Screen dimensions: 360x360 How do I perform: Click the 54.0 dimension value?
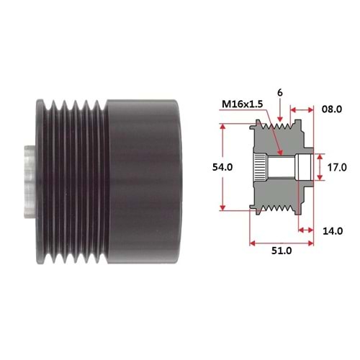(x=204, y=166)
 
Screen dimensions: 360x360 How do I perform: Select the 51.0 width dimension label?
(x=281, y=251)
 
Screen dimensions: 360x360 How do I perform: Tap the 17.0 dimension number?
(x=337, y=166)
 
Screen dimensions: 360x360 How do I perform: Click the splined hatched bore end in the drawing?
(x=257, y=167)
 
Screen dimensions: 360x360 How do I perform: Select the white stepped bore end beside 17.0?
(x=305, y=167)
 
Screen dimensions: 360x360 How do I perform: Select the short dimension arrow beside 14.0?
(x=305, y=230)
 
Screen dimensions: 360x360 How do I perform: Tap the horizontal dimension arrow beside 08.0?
(x=302, y=110)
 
